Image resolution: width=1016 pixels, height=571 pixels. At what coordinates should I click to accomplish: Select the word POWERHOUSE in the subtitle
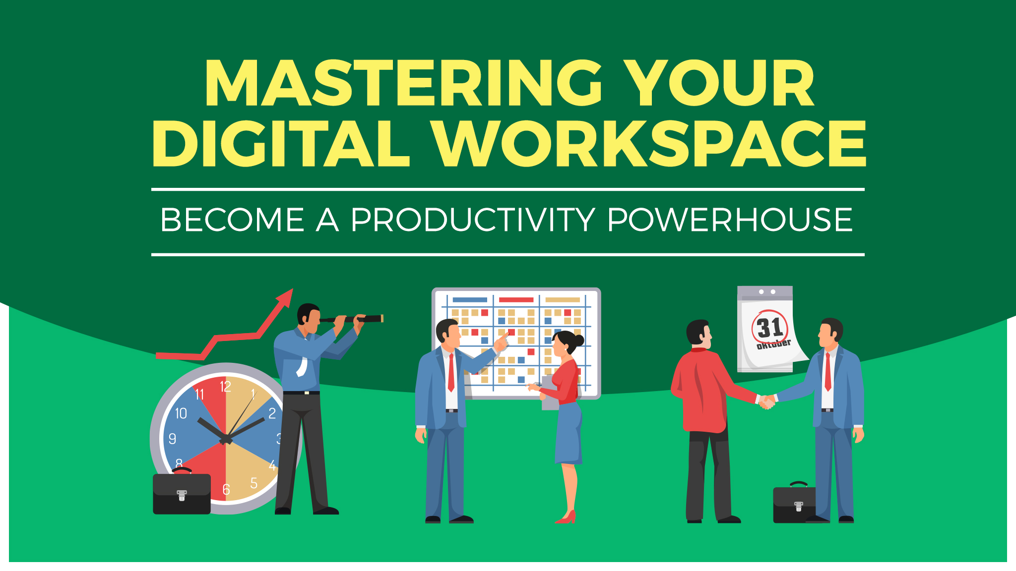(x=730, y=220)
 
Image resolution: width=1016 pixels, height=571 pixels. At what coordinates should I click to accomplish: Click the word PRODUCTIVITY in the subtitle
(x=473, y=220)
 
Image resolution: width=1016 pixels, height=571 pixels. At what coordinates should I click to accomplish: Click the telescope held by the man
(x=351, y=319)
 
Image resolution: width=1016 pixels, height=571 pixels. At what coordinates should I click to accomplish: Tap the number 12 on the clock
(x=225, y=387)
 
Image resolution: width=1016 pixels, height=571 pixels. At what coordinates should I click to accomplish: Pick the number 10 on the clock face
(x=181, y=413)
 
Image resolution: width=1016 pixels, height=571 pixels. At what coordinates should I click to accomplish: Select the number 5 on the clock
(x=254, y=483)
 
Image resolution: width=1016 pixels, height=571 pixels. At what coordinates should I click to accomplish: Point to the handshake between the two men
(x=767, y=401)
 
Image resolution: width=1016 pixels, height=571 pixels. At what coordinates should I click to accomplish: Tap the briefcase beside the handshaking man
(x=795, y=502)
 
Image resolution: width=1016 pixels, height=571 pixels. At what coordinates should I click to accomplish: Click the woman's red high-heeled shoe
(x=567, y=517)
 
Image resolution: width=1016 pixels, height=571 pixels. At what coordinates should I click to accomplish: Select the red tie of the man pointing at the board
(x=451, y=372)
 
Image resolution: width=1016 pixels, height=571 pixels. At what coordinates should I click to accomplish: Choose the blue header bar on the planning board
(x=470, y=300)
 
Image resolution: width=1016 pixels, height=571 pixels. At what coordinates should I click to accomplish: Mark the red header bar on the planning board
(x=516, y=300)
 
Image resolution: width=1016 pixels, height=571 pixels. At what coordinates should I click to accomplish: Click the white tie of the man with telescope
(x=302, y=366)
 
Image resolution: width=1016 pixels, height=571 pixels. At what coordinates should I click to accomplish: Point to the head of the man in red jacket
(x=699, y=333)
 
